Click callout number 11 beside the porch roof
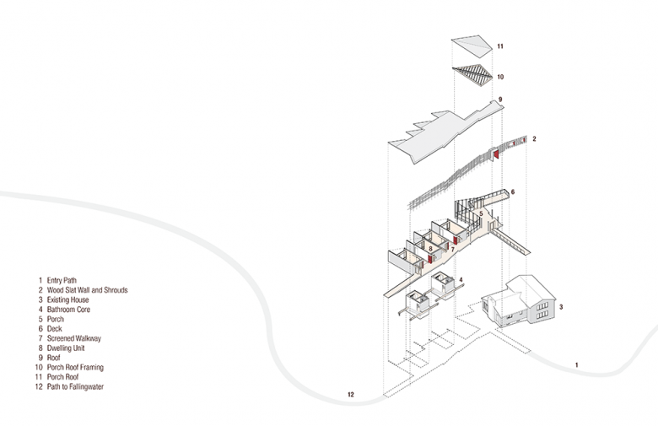click(x=499, y=47)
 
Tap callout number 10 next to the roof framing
click(x=499, y=77)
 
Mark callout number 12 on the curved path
click(x=350, y=394)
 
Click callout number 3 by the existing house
click(x=561, y=309)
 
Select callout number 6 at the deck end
click(x=512, y=192)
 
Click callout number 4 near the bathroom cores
click(x=461, y=279)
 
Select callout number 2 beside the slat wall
click(x=534, y=138)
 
